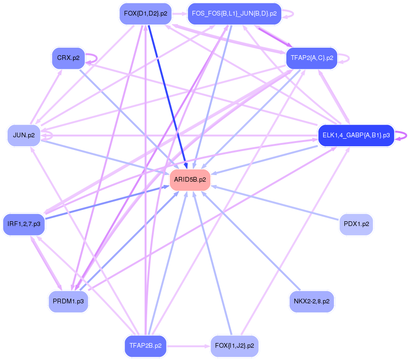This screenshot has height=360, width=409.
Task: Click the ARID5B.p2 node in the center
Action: pyautogui.click(x=190, y=180)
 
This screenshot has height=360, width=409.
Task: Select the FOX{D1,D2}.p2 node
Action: pyautogui.click(x=145, y=14)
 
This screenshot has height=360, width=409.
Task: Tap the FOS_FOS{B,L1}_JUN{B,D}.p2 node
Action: pyautogui.click(x=234, y=14)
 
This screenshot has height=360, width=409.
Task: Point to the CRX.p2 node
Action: pyautogui.click(x=68, y=58)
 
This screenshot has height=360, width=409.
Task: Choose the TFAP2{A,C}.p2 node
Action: pyautogui.click(x=312, y=58)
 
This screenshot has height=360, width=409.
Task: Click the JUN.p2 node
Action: pyautogui.click(x=24, y=135)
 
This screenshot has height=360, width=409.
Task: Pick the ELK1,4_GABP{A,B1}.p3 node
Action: pyautogui.click(x=356, y=135)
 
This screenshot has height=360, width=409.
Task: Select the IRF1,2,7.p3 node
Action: pyautogui.click(x=24, y=224)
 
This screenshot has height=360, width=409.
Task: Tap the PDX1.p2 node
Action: pyautogui.click(x=356, y=224)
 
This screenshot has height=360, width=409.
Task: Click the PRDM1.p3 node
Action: pyautogui.click(x=68, y=301)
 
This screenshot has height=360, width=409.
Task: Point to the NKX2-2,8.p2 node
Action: pyautogui.click(x=311, y=301)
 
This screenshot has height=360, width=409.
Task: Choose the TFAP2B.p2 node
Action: pyautogui.click(x=145, y=346)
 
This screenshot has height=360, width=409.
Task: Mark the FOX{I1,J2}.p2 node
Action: pyautogui.click(x=234, y=346)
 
